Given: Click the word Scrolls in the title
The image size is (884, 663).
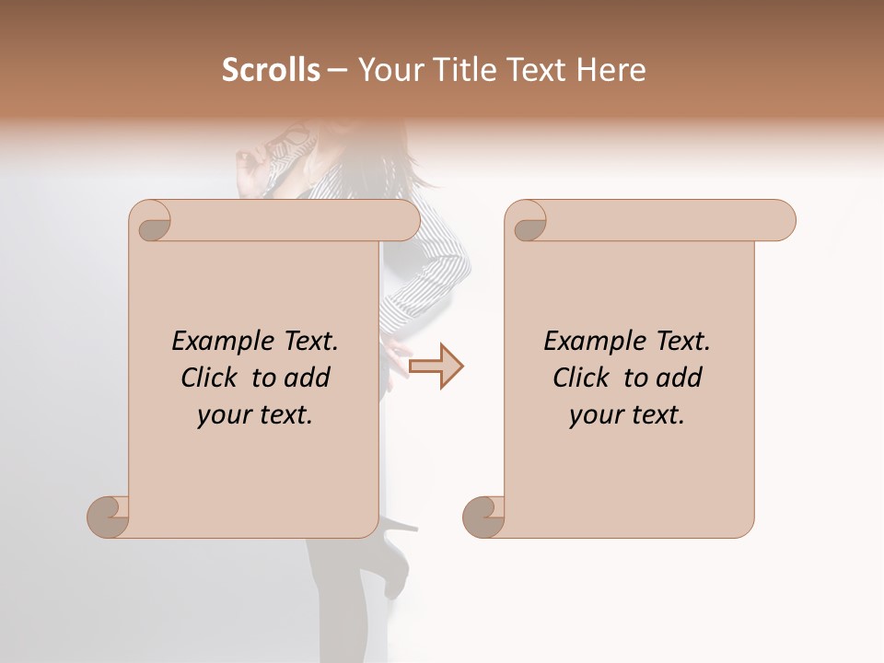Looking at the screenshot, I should (x=272, y=70).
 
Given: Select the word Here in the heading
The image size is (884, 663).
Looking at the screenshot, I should (x=611, y=70).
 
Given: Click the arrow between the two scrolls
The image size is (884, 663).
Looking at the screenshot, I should (x=436, y=366).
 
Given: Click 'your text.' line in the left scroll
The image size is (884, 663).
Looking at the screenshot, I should (x=255, y=415).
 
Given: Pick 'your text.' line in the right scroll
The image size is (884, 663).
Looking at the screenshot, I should (x=627, y=415).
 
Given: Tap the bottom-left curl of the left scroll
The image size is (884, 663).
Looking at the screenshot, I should (x=108, y=517).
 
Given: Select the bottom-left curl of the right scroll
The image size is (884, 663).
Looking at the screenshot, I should (x=483, y=517).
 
